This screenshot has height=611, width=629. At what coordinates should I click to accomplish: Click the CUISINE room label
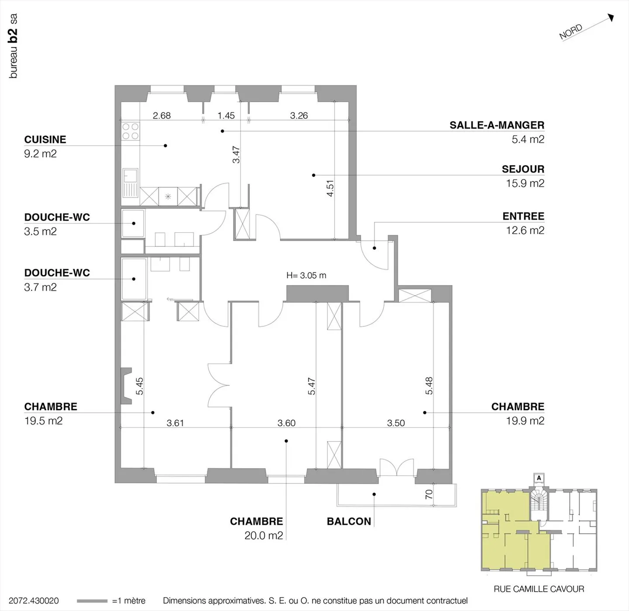[x=45, y=140]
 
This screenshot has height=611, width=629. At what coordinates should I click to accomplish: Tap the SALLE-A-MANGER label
[x=497, y=125]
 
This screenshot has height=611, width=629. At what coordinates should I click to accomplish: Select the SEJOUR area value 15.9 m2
[x=525, y=183]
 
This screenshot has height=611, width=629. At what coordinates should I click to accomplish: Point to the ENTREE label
[x=523, y=216]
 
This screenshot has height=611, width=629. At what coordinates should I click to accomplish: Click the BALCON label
[x=349, y=521]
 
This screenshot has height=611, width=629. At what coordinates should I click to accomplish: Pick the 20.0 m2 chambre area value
[x=263, y=535]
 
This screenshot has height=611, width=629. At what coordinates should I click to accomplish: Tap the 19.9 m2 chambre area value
[x=525, y=421]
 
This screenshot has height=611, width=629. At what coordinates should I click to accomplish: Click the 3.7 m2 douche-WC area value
[x=40, y=287]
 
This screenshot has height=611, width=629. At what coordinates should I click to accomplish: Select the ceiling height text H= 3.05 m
[x=306, y=276]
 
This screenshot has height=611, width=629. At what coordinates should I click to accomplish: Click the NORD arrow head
[x=611, y=17]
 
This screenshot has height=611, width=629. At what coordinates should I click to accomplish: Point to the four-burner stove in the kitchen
[x=130, y=131]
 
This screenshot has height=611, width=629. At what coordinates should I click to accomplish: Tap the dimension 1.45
[x=226, y=116]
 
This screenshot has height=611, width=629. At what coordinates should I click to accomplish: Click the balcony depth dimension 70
[x=429, y=494]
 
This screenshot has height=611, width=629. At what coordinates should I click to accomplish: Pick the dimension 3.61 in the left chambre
[x=175, y=423]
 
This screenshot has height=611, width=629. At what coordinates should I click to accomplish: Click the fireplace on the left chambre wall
[x=126, y=386]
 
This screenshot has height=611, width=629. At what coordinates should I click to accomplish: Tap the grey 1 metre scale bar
[x=92, y=601]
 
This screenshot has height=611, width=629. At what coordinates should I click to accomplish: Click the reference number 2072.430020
[x=34, y=601]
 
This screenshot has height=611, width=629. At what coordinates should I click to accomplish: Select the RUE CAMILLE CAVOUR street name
[x=539, y=589]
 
